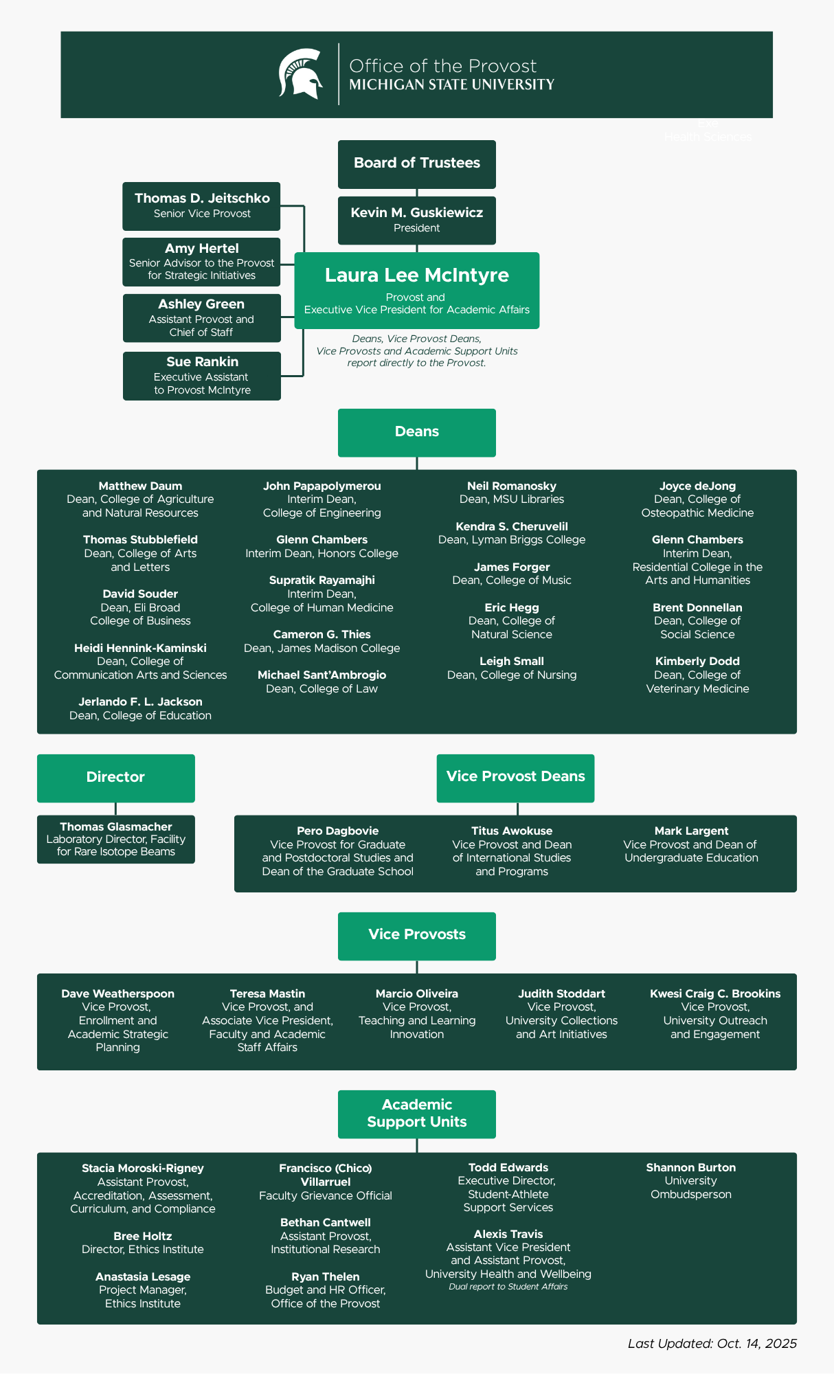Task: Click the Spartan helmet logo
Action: tap(301, 74)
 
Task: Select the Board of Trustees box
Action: tap(416, 164)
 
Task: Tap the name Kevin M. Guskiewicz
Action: tap(416, 213)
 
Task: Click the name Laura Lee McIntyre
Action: tap(416, 275)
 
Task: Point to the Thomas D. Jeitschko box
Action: tap(201, 206)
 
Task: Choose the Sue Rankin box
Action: tap(201, 376)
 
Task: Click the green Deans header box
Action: tap(416, 432)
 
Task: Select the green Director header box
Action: tap(115, 778)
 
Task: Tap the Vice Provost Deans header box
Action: tap(515, 778)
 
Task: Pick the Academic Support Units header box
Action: tap(416, 1114)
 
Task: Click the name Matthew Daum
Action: tap(140, 486)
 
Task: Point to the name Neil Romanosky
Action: tap(512, 486)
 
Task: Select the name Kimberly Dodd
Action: tap(697, 662)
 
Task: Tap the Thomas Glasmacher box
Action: tap(115, 840)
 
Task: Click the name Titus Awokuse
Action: tap(512, 831)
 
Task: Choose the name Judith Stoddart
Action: tap(561, 994)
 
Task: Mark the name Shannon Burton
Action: tap(690, 1168)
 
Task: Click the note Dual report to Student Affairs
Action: tap(508, 1287)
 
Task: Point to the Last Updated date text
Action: tap(712, 1344)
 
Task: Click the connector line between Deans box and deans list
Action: tap(417, 464)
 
